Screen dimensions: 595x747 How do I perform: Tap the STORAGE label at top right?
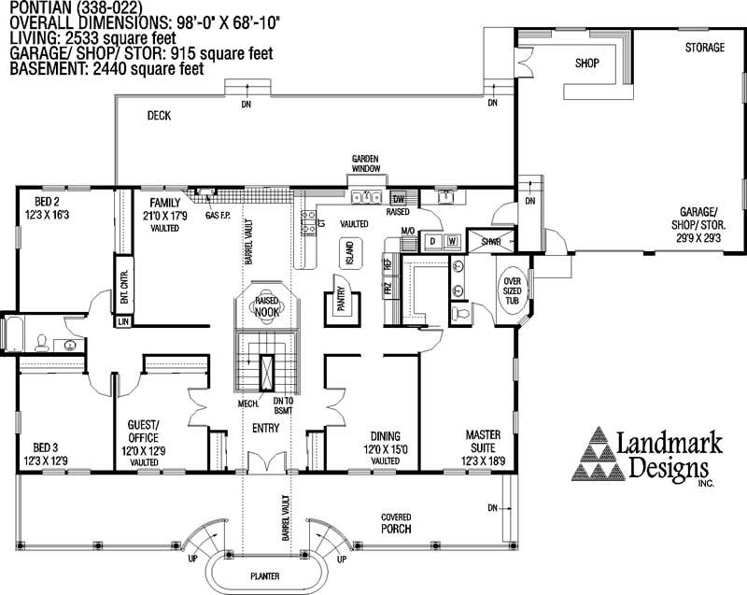point(704,48)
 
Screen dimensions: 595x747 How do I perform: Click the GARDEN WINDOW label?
point(364,163)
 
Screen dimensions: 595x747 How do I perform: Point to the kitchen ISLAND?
point(348,253)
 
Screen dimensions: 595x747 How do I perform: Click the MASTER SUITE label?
point(484,442)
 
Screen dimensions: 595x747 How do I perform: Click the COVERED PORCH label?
point(396,523)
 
